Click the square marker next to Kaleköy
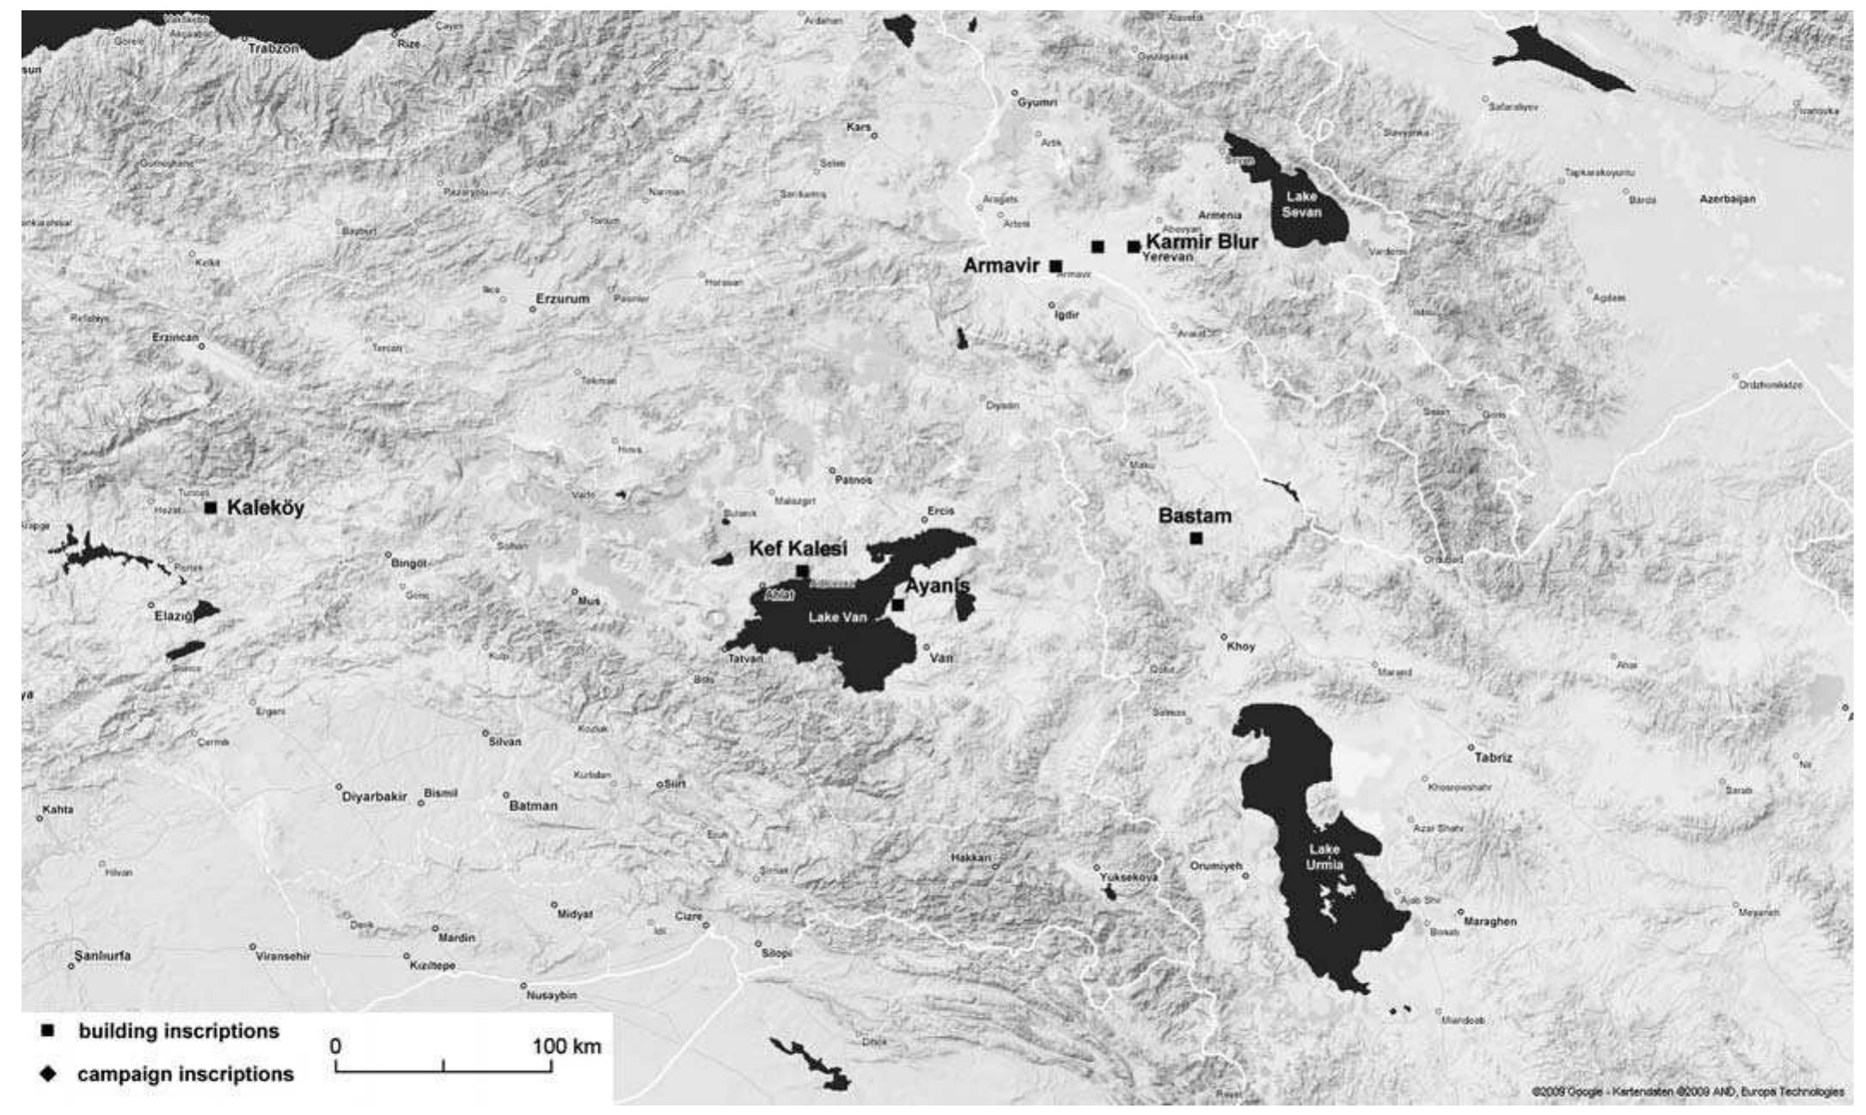(x=211, y=507)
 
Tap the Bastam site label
(x=1195, y=516)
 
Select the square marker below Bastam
(x=1196, y=538)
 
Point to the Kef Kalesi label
(x=798, y=548)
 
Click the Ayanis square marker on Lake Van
(x=897, y=605)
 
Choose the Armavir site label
(x=1001, y=266)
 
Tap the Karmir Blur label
(x=1202, y=242)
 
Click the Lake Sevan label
(x=1301, y=205)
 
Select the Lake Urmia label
(x=1324, y=857)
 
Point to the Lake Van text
(x=837, y=617)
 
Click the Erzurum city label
(x=563, y=298)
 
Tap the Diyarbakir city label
(x=375, y=796)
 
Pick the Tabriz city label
(x=1493, y=757)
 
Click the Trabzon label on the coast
(x=273, y=49)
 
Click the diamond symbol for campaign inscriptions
(x=48, y=1074)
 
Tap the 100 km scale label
(x=566, y=1046)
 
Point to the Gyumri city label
(x=1037, y=102)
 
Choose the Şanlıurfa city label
(x=102, y=955)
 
